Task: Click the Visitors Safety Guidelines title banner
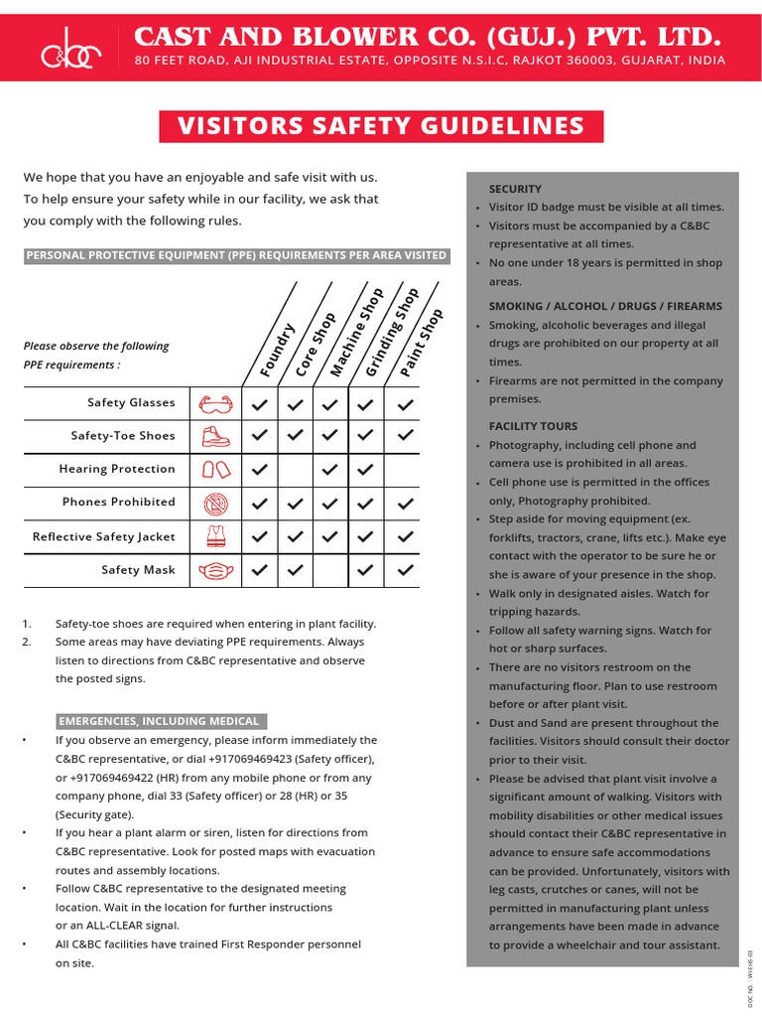[x=381, y=127]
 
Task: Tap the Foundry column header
[x=277, y=350]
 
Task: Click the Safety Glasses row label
[x=131, y=403]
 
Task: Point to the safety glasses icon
[x=216, y=404]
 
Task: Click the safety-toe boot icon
[x=216, y=436]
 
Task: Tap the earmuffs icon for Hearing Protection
[x=216, y=470]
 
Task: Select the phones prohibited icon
[x=216, y=504]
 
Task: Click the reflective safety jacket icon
[x=216, y=537]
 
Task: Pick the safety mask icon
[x=216, y=571]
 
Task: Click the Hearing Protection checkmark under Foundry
[x=260, y=470]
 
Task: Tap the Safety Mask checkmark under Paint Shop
[x=405, y=571]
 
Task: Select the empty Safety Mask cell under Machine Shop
[x=330, y=571]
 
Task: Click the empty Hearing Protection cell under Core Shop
[x=296, y=470]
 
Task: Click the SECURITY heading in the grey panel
[x=515, y=189]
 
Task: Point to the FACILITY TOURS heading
[x=533, y=426]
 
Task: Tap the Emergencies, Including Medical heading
[x=159, y=721]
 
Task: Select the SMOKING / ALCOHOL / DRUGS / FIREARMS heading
[x=605, y=306]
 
